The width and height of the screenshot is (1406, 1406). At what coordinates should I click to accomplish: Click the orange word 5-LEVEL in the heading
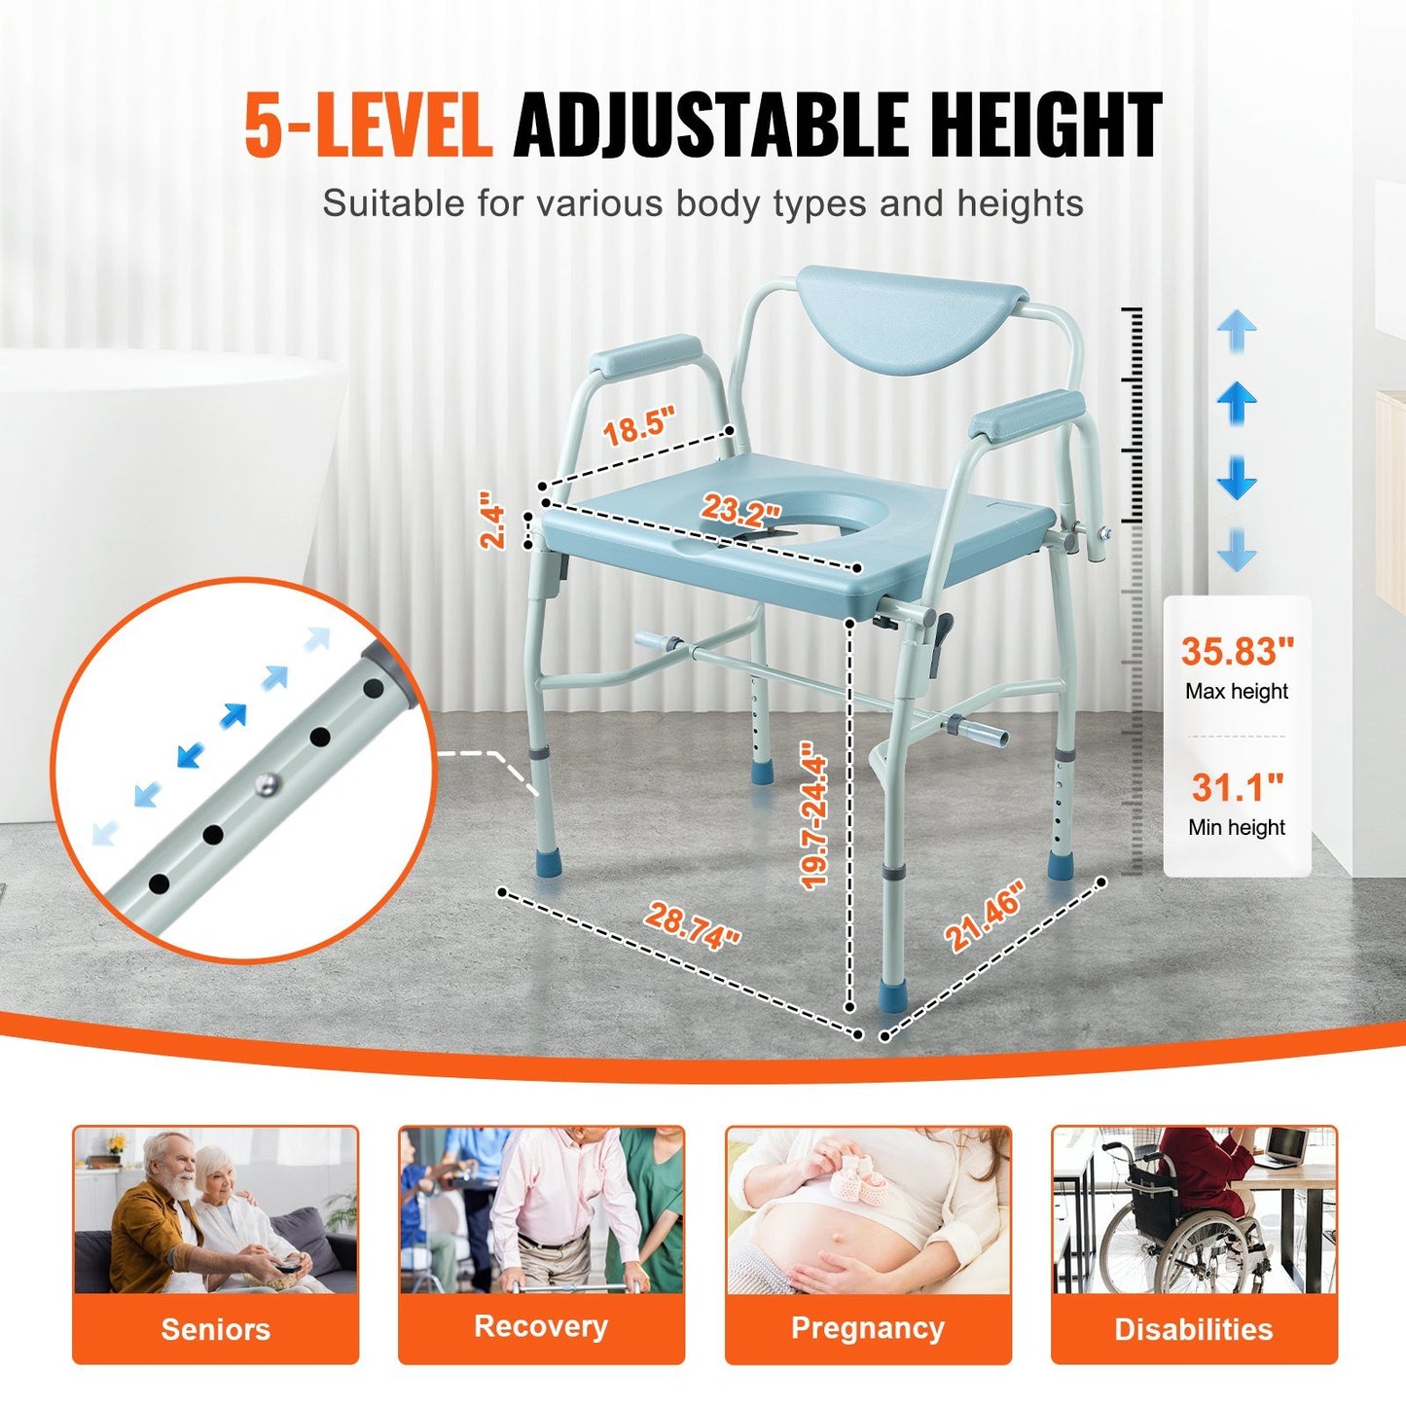(x=367, y=126)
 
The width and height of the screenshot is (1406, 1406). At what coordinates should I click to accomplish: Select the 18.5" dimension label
(x=637, y=427)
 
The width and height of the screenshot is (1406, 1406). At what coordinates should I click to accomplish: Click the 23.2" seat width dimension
(x=741, y=510)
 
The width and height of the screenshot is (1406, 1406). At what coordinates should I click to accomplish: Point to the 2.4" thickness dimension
(x=494, y=525)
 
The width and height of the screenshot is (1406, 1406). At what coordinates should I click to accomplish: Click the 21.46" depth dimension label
(x=986, y=916)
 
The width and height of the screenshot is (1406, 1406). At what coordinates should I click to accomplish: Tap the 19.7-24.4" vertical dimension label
(x=813, y=814)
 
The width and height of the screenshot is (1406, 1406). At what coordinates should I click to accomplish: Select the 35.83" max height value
(x=1238, y=651)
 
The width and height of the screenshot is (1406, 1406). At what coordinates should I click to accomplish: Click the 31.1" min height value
(x=1238, y=787)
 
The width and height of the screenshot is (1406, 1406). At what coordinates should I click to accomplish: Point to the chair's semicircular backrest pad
(x=911, y=315)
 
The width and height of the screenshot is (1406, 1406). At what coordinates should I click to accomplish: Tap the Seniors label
(x=215, y=1329)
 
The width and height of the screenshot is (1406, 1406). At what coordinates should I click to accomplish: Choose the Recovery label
(x=541, y=1327)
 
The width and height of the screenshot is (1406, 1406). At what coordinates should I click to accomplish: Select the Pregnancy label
(x=868, y=1328)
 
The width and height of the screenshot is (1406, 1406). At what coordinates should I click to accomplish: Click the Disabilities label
(x=1194, y=1329)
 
